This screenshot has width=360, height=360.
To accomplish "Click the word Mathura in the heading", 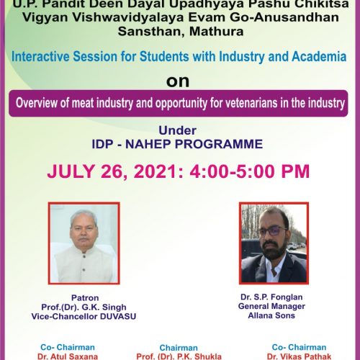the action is tap(217, 32).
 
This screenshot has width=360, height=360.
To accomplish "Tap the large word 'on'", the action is tap(178, 81).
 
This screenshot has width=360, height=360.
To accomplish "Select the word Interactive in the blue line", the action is tap(40, 56).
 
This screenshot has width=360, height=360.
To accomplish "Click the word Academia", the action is tap(319, 56).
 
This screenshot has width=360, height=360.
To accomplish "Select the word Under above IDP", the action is tap(178, 130).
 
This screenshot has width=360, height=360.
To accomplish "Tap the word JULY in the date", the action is tap(71, 171).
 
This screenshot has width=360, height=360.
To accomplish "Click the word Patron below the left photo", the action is tap(85, 298).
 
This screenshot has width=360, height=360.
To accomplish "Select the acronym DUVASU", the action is tap(118, 316).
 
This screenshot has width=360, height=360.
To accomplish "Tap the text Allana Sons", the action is tap(271, 315).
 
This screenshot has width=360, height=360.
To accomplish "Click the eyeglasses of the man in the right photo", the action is tap(271, 231).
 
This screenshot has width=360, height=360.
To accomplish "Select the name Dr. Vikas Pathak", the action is tap(299, 356).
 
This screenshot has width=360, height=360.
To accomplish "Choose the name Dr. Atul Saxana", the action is tap(68, 356).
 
